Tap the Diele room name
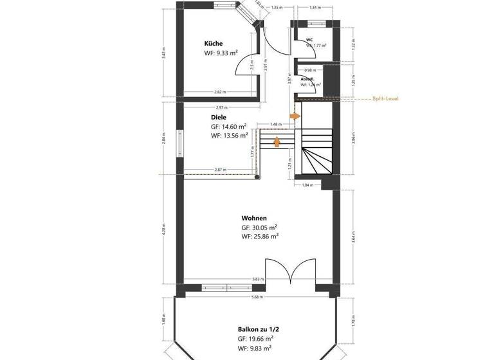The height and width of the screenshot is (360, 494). [218, 118]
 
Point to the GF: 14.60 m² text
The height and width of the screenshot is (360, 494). [228, 127]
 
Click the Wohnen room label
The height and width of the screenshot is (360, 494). [254, 217]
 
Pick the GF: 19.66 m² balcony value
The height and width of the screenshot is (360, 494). [256, 337]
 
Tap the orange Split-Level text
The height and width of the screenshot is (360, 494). [387, 99]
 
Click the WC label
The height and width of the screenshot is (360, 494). [309, 40]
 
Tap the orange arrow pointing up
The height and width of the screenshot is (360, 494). [277, 141]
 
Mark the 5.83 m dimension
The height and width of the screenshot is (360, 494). [257, 279]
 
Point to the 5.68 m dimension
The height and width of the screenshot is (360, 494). [257, 297]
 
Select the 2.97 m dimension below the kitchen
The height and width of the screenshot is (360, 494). [220, 107]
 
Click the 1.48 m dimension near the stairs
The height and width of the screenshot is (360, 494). [276, 125]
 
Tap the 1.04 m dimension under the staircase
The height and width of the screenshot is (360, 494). [307, 185]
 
